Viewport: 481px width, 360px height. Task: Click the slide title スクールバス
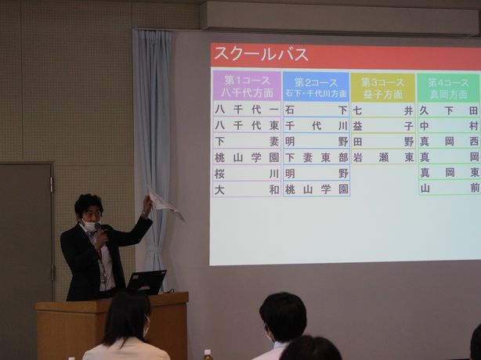click(x=261, y=54)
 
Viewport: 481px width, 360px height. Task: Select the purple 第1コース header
click(x=247, y=86)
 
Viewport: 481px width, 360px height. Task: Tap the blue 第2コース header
click(x=316, y=87)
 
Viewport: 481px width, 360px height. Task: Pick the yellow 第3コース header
click(x=383, y=88)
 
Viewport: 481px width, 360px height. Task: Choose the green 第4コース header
click(x=448, y=88)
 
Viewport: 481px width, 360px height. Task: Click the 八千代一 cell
click(x=247, y=110)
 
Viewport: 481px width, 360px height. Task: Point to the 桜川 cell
click(x=247, y=174)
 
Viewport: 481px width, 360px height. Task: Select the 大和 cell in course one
click(x=247, y=189)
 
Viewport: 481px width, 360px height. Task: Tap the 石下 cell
click(x=316, y=110)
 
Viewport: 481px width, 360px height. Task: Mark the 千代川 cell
click(x=316, y=126)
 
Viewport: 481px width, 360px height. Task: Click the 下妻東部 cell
click(x=316, y=157)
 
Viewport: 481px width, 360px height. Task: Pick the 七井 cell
click(x=383, y=110)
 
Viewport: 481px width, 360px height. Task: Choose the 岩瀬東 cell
click(x=383, y=157)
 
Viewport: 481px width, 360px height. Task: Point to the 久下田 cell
click(x=449, y=110)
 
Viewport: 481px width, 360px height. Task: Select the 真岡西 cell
click(x=449, y=142)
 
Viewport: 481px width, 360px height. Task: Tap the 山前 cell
click(x=449, y=189)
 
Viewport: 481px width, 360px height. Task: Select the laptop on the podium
click(x=146, y=282)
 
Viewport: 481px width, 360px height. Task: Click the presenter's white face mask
click(x=91, y=226)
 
